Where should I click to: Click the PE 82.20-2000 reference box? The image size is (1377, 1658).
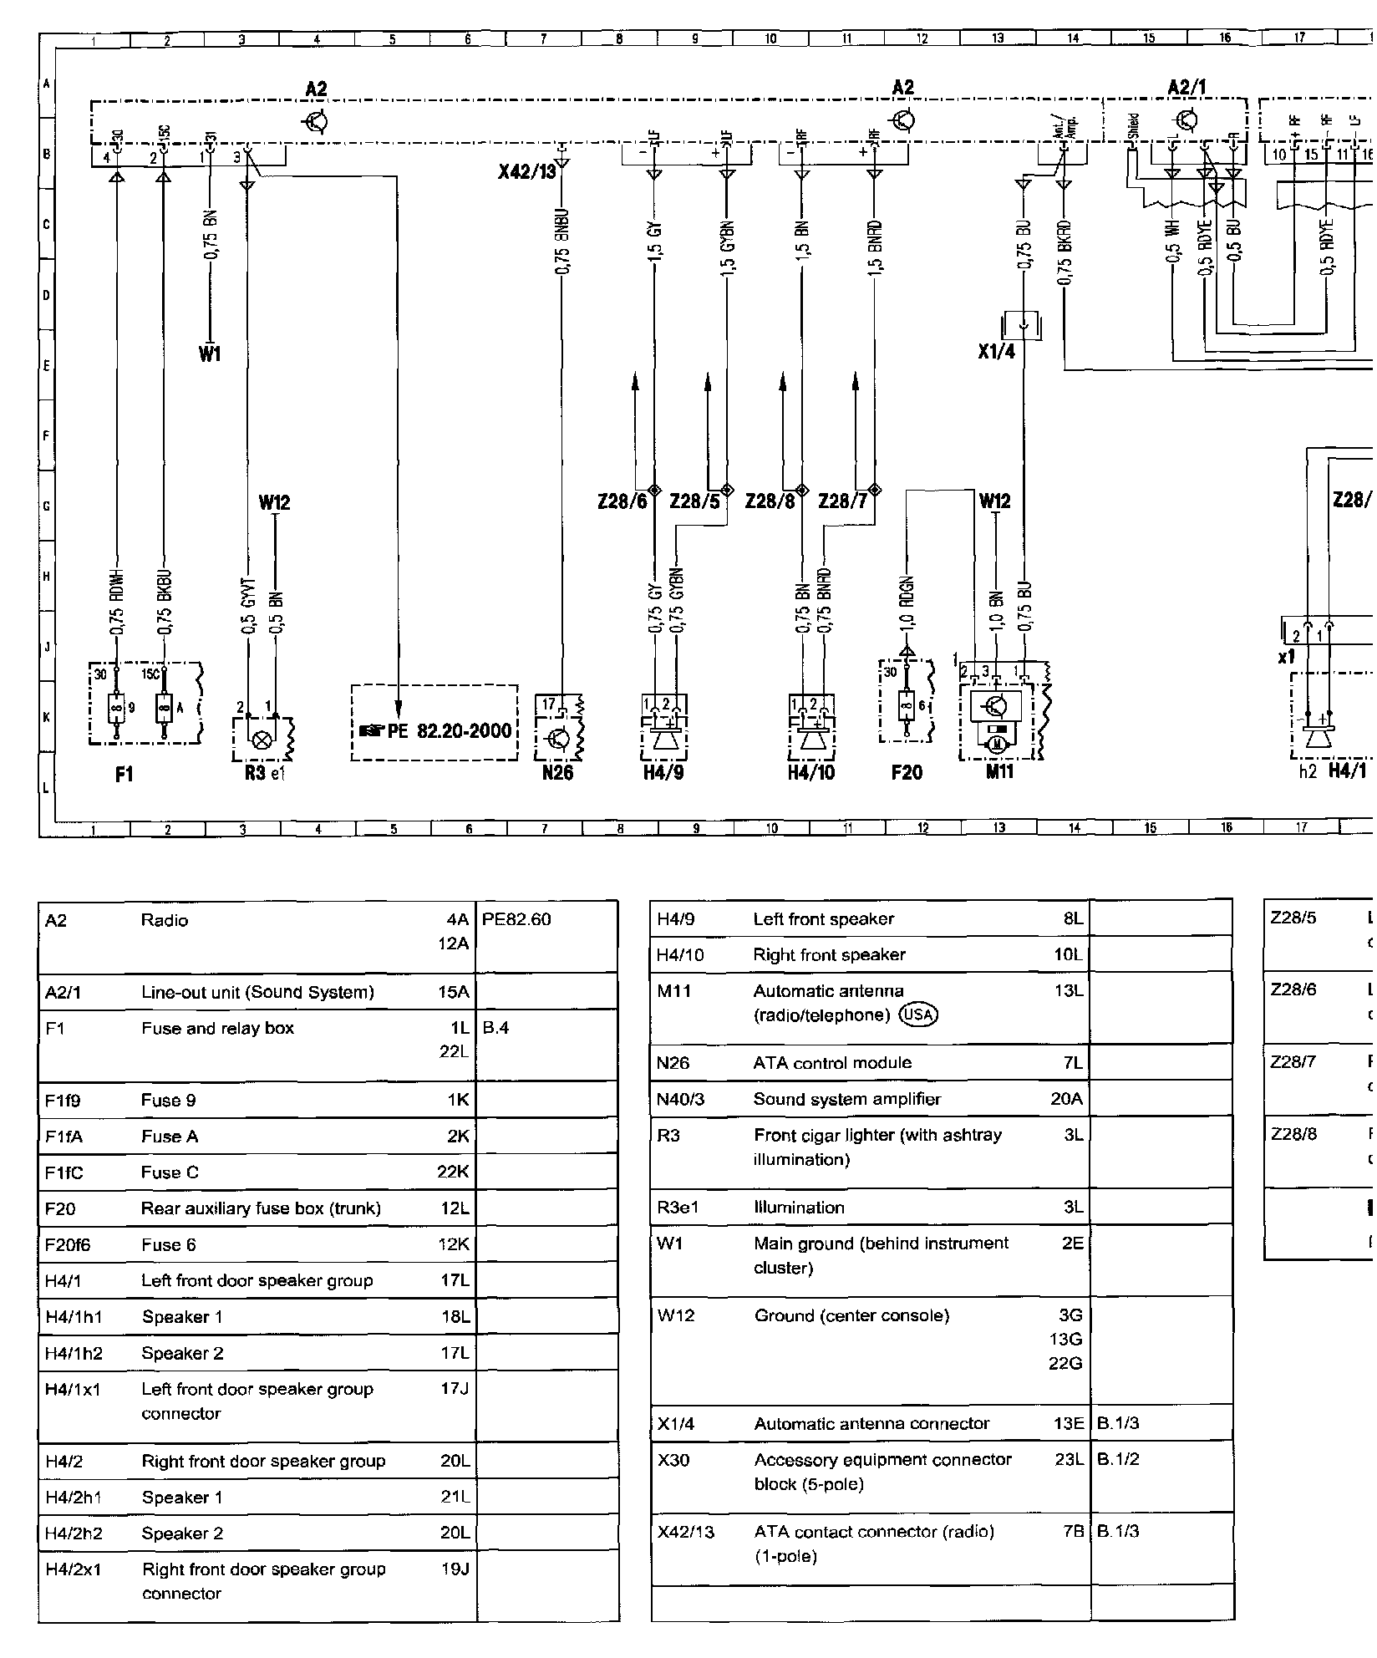coord(434,730)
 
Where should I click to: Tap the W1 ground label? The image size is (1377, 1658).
coord(210,354)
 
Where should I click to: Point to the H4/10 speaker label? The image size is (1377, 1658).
coord(810,772)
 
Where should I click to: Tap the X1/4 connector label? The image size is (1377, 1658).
coord(996,352)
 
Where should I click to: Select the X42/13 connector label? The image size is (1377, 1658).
coord(526,171)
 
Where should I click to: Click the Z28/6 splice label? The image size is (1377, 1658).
coord(622,501)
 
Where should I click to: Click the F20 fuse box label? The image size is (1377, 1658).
coord(907,772)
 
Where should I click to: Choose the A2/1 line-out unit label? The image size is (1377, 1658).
coord(1187,87)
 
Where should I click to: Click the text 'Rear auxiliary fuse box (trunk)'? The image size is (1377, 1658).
coord(261,1208)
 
